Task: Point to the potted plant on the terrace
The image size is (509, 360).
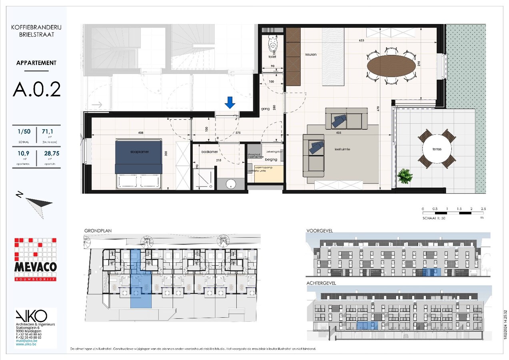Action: [x=405, y=176]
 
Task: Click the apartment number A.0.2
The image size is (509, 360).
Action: [x=36, y=90]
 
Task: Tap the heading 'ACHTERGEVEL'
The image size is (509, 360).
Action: [x=321, y=283]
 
